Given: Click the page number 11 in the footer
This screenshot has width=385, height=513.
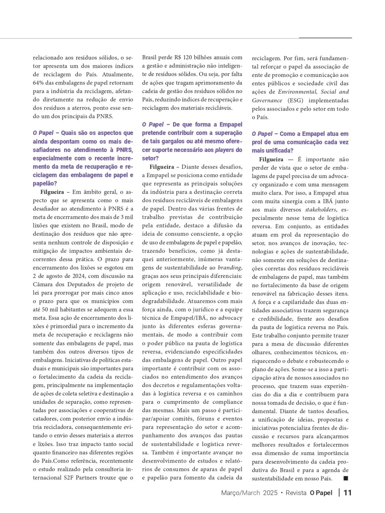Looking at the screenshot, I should (348, 493).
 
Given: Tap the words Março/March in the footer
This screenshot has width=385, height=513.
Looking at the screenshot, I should (240, 493).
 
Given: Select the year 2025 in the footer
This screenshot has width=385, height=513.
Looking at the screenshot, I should (270, 493).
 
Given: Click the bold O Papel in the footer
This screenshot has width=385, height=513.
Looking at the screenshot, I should (321, 493).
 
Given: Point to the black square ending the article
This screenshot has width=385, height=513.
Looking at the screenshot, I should (346, 478).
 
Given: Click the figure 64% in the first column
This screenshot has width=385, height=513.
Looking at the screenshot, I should (39, 83).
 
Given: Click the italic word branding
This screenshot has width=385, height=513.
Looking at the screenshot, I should (230, 268).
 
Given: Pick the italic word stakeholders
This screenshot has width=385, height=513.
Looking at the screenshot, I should (320, 210).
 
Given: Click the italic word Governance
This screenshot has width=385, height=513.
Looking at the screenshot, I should (267, 101).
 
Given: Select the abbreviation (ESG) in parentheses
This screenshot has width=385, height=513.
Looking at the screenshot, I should (295, 101).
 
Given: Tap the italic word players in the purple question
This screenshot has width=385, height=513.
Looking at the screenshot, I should (224, 150).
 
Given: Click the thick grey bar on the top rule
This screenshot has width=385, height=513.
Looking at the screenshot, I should (325, 38).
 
